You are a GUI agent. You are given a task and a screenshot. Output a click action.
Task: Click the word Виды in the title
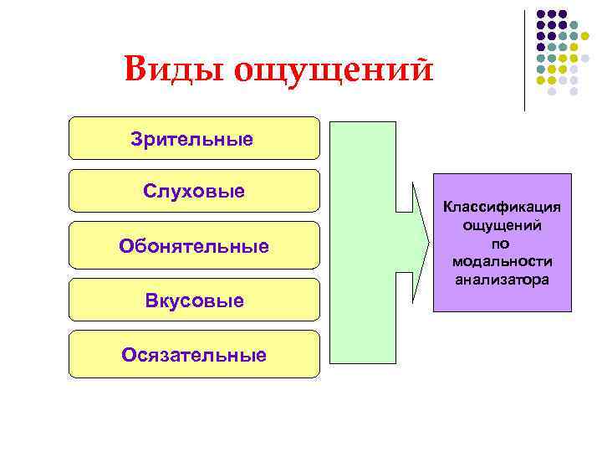tap(171, 69)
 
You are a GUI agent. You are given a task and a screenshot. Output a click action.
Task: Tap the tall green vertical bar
tap(360, 243)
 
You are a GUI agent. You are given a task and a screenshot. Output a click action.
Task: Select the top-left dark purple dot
tap(541, 14)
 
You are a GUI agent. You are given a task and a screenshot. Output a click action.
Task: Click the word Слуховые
tap(194, 191)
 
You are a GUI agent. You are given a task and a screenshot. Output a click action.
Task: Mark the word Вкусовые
tap(193, 300)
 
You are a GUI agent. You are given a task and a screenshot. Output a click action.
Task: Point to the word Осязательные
tap(194, 355)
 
